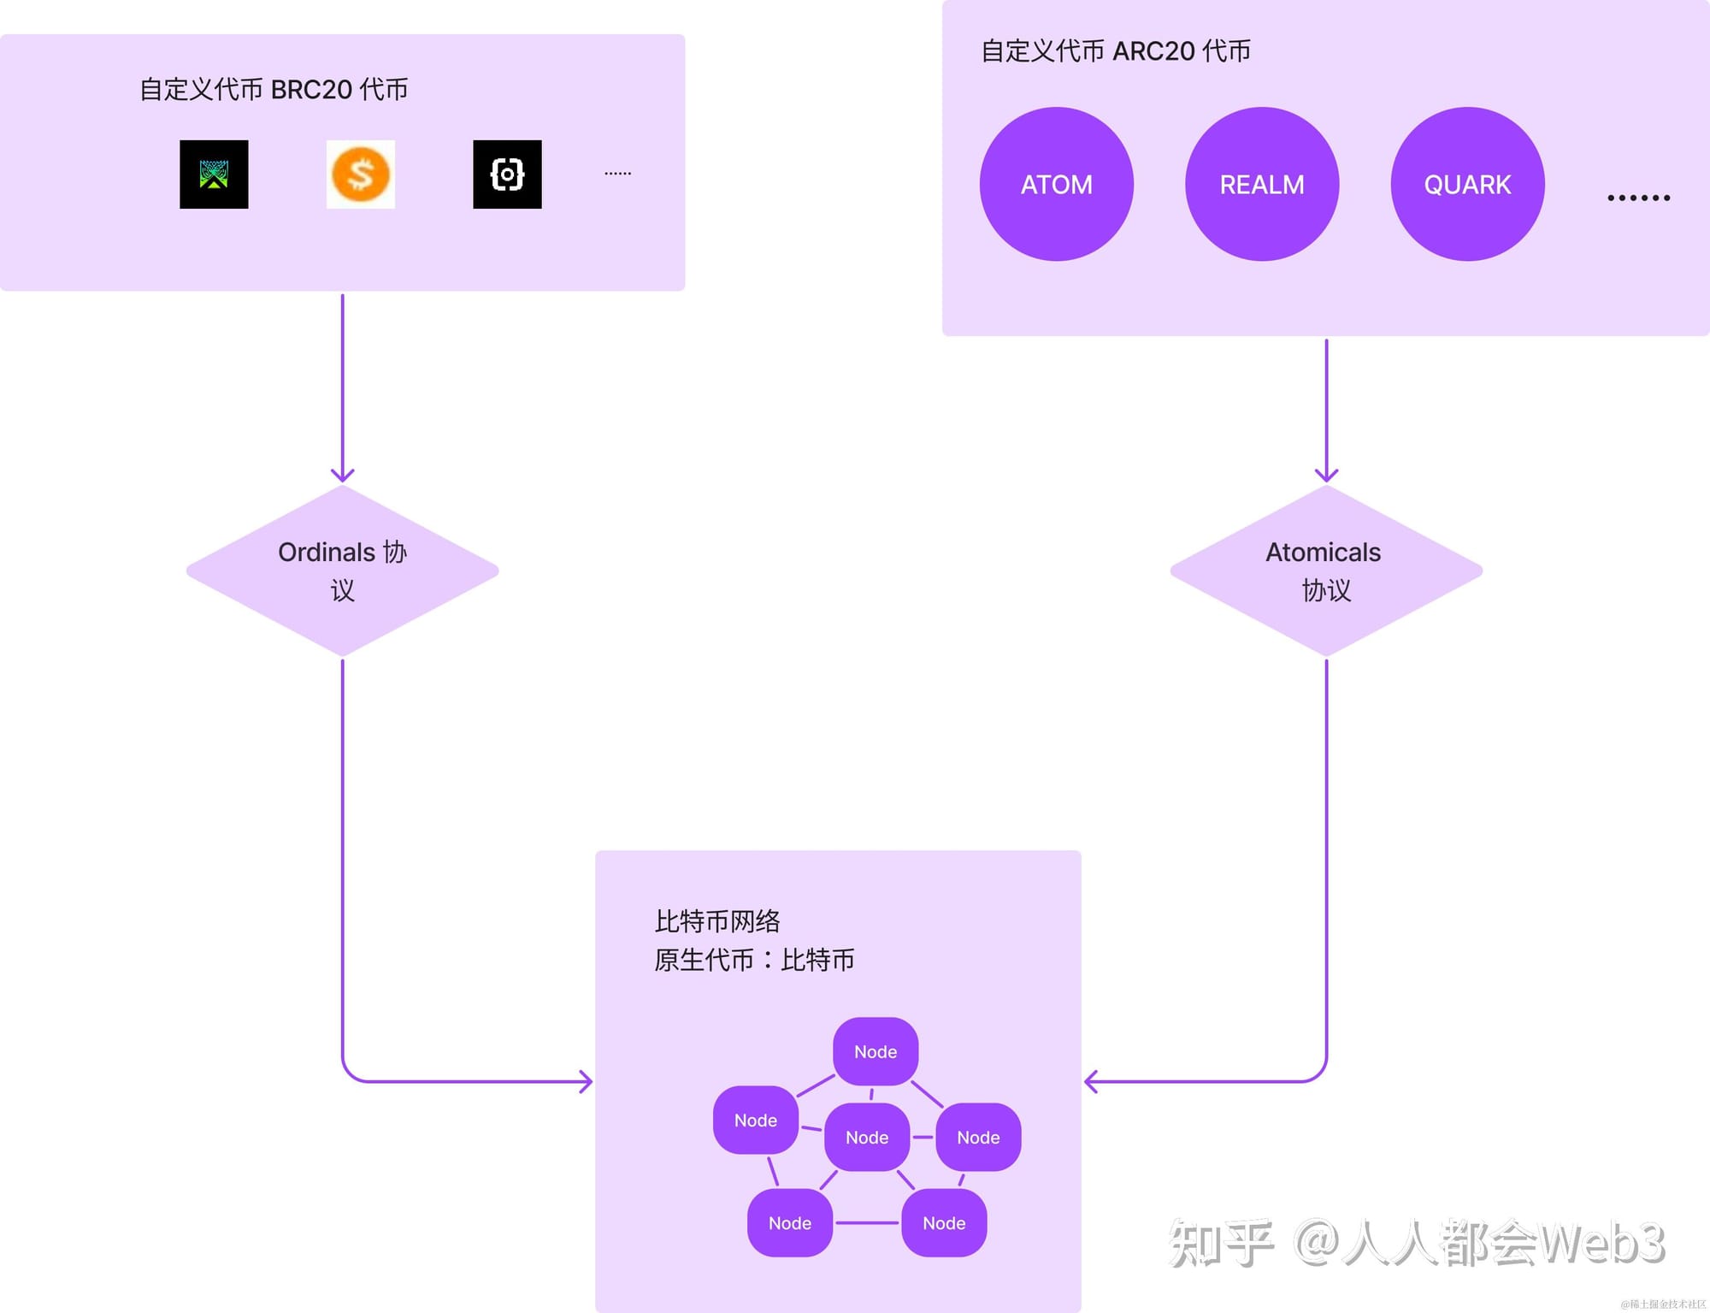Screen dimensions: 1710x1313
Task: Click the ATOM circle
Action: click(x=1056, y=184)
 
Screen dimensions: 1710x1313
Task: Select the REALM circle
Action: click(x=1262, y=184)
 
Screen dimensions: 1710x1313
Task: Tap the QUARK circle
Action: click(x=1467, y=184)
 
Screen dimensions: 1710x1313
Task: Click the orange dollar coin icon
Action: click(x=361, y=174)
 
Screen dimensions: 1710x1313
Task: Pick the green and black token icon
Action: click(x=214, y=174)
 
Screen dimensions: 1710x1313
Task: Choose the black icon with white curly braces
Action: click(x=507, y=174)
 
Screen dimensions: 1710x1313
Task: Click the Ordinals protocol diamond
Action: click(x=342, y=571)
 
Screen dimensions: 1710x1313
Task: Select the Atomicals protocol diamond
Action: click(x=1326, y=571)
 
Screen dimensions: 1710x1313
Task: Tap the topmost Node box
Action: click(x=876, y=1051)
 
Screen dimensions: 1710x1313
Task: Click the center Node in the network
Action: click(x=867, y=1137)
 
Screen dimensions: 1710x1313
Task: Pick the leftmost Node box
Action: click(x=756, y=1120)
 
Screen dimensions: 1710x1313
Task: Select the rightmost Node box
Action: click(x=978, y=1137)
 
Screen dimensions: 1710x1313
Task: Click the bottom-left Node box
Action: click(x=790, y=1222)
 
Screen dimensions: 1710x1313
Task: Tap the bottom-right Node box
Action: click(x=944, y=1222)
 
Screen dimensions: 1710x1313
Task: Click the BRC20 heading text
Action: click(x=274, y=89)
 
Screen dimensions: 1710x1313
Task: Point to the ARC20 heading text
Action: click(x=1116, y=50)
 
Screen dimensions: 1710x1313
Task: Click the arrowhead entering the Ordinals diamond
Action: click(x=342, y=476)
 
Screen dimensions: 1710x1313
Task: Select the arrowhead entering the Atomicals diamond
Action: click(x=1326, y=476)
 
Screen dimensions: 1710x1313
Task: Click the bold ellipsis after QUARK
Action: click(x=1638, y=198)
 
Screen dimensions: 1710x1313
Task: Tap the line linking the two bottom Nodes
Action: click(x=867, y=1222)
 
